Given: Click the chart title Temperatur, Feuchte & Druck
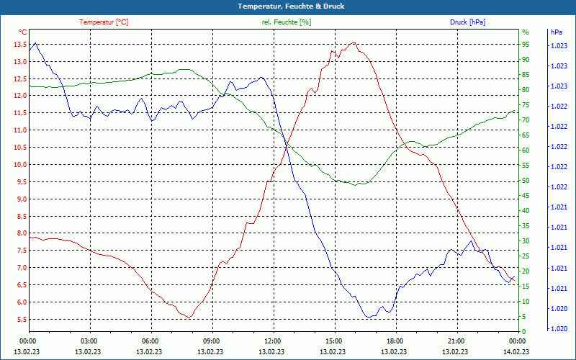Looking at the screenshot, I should coord(287,6).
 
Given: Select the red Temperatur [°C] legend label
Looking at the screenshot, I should coord(104,22).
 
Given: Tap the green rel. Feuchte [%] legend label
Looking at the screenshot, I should coord(287,22).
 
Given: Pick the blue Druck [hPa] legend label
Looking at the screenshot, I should coord(467,22).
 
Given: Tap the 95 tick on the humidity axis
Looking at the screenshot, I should coord(526,45).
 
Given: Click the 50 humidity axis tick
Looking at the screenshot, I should coord(526,181).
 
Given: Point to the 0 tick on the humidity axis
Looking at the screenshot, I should coord(523,332).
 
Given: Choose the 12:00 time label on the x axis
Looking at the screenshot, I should coord(272,341).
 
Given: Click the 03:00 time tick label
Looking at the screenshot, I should coord(89,341).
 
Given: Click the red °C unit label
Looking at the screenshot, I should coord(23,32).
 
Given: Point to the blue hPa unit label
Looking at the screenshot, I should coord(556,32).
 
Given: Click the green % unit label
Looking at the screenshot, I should coord(525,32).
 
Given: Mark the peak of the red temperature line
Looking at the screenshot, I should coord(352,43).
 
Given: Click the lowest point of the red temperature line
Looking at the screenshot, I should coord(189,317).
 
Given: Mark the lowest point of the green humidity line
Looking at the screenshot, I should coord(356,184).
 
